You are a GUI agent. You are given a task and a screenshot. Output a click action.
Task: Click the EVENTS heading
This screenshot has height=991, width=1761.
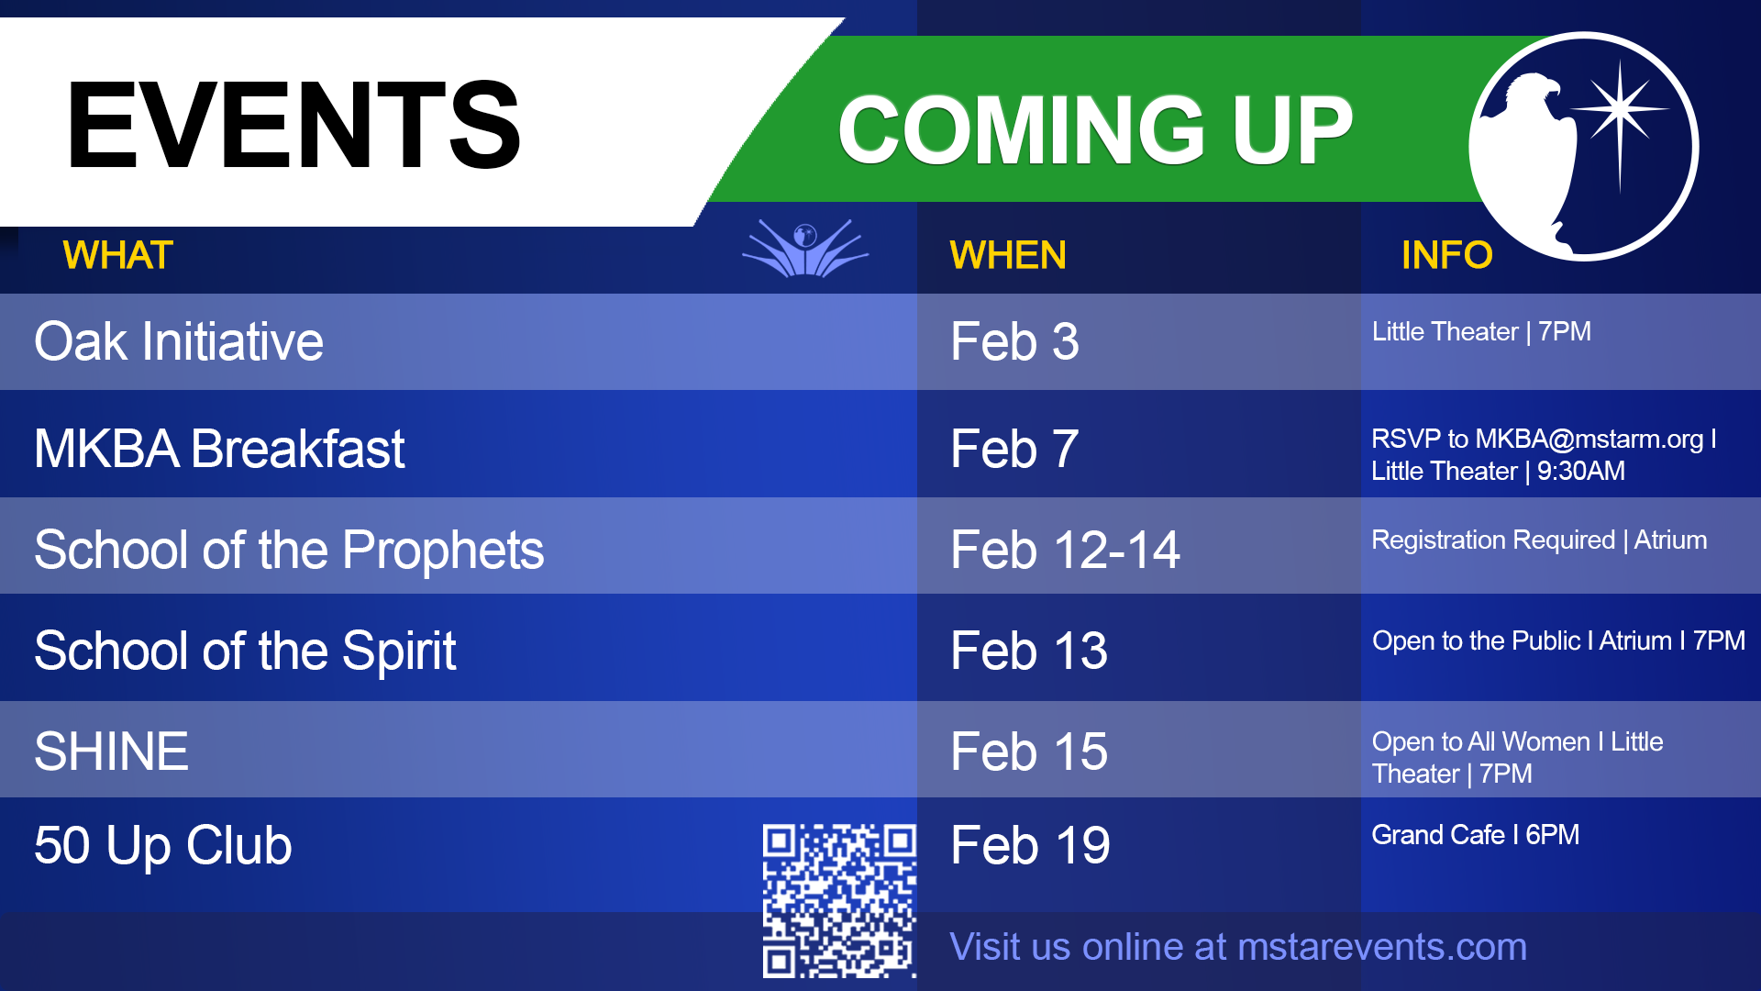tap(293, 126)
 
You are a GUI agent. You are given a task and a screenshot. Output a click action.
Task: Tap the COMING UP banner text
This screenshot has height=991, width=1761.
tap(1095, 130)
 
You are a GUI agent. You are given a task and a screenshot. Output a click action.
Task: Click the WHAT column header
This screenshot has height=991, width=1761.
tap(118, 255)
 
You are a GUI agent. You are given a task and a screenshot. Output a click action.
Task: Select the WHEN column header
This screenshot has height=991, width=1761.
tap(1008, 255)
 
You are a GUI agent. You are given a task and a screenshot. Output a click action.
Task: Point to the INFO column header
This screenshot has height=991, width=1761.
tap(1446, 255)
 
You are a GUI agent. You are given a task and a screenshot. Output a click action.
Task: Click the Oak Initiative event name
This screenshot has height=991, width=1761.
tap(179, 341)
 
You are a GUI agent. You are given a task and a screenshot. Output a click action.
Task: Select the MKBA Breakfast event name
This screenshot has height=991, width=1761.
tap(219, 449)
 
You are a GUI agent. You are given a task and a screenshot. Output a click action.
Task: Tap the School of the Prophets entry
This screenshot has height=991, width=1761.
tap(289, 551)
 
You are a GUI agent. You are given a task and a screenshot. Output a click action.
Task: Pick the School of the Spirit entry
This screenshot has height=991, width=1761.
tap(245, 651)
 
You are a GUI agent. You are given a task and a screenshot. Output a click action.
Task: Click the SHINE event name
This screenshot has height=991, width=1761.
tap(111, 752)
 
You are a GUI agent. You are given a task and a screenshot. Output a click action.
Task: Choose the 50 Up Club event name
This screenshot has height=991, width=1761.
tap(163, 845)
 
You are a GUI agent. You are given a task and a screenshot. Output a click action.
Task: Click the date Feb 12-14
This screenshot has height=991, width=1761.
tap(1065, 551)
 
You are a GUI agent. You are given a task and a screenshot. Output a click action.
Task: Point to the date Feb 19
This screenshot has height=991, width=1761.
tap(1030, 845)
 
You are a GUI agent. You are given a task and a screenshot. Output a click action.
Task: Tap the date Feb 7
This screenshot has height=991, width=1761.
tap(1014, 449)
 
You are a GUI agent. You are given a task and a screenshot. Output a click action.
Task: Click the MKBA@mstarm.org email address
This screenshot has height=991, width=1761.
tap(1589, 439)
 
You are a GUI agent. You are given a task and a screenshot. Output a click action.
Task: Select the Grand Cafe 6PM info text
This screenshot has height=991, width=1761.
tap(1475, 834)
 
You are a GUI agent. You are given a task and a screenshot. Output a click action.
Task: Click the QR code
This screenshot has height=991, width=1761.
tap(839, 900)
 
